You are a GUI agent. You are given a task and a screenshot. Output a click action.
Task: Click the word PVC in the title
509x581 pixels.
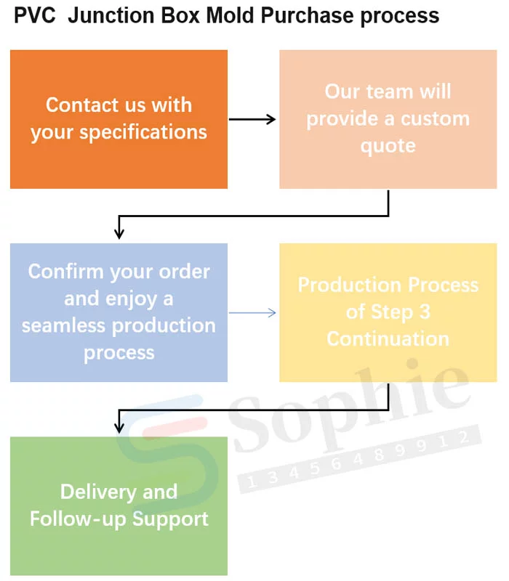[35, 15]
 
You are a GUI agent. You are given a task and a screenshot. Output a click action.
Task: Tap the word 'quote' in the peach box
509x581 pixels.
[388, 145]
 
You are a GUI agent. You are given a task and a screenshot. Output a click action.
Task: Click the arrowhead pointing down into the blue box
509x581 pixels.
[119, 232]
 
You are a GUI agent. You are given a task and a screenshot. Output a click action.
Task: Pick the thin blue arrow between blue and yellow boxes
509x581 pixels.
[252, 313]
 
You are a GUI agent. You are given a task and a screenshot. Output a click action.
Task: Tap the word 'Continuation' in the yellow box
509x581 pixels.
[388, 338]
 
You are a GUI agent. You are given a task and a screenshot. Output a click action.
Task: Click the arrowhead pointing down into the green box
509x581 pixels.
[119, 428]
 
